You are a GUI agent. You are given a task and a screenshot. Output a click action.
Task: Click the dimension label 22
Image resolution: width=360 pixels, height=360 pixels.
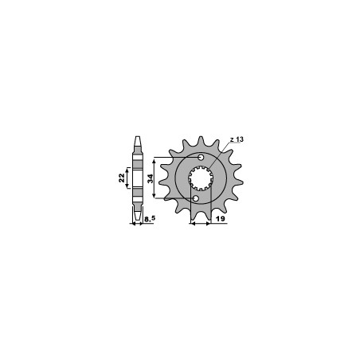[x=122, y=178]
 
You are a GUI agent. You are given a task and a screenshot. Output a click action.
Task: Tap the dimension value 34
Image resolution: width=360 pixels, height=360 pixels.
[x=151, y=178]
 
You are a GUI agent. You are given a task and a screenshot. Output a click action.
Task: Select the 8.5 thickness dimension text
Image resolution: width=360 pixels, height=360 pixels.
[x=150, y=219]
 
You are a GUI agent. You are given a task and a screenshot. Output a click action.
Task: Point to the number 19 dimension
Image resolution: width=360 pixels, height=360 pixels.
[x=221, y=219]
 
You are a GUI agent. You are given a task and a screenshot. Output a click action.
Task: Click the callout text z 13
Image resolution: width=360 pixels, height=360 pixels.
[x=237, y=139]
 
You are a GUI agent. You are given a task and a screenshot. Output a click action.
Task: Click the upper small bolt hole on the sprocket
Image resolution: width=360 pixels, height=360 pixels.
[x=201, y=158]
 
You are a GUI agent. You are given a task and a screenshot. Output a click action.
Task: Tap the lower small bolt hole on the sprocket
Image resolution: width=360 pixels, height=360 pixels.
[x=196, y=198]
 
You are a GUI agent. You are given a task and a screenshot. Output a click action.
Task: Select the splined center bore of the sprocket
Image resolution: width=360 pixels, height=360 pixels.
[x=201, y=178]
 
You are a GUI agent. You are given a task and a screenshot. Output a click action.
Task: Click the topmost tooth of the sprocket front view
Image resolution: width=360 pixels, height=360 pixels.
[x=201, y=140]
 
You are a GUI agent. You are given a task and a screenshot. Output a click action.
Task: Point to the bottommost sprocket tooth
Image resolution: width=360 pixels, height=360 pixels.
[x=201, y=216]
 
